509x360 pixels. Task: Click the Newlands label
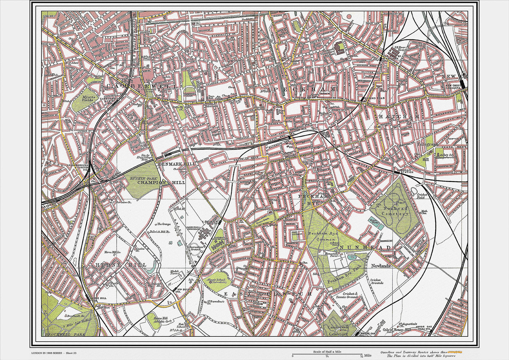(x=380, y=266)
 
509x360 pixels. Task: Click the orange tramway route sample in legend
(x=456, y=352)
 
